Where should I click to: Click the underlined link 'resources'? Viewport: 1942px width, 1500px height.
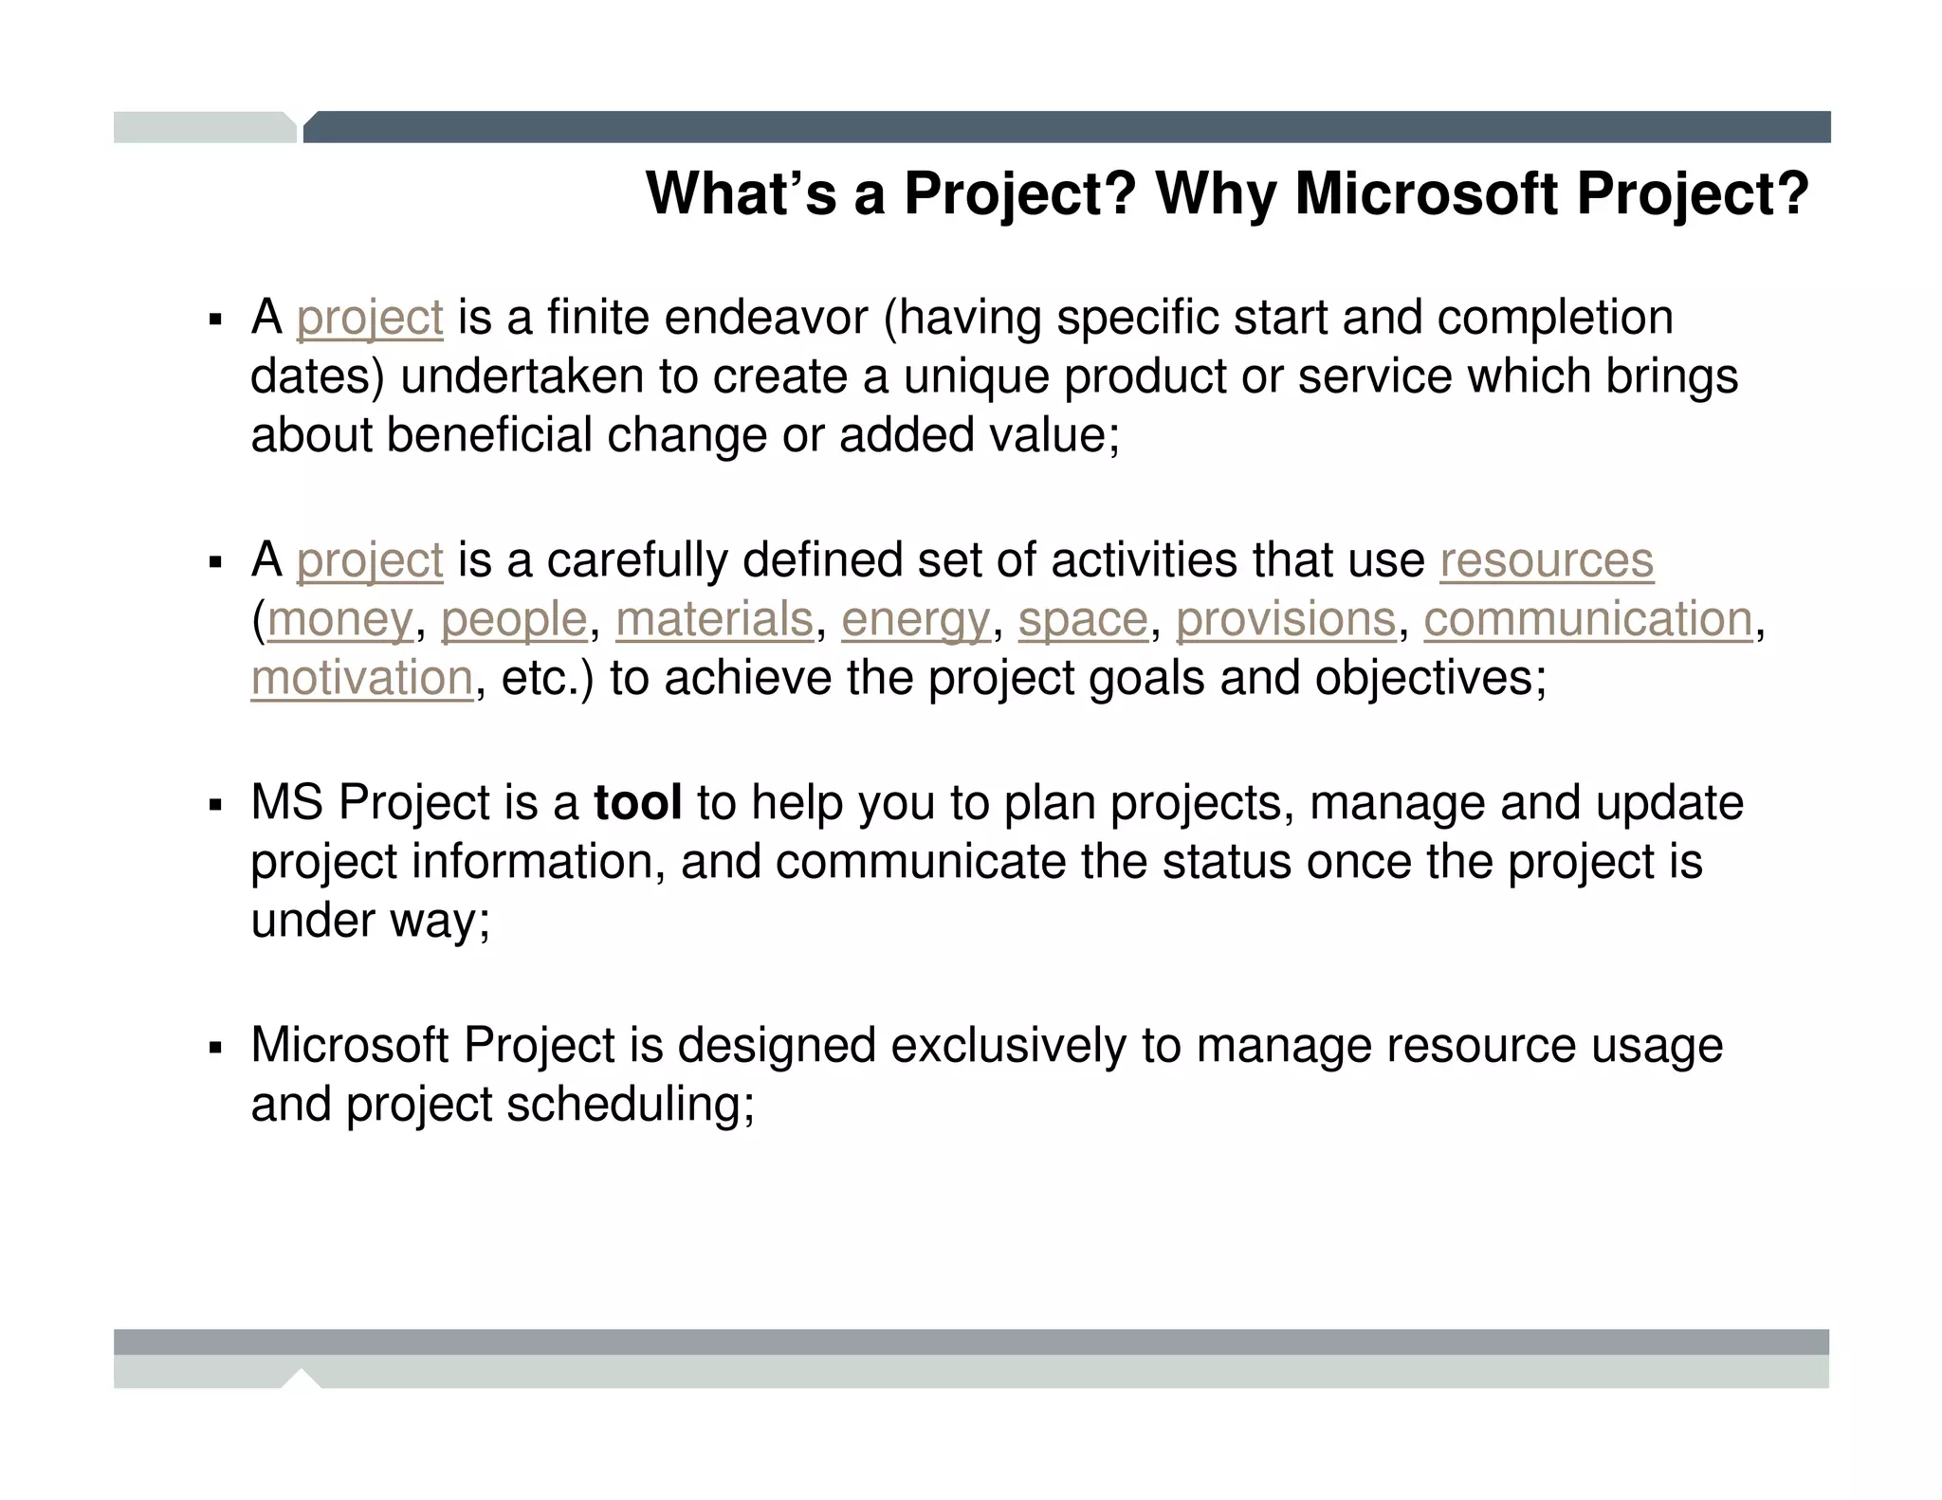(1547, 559)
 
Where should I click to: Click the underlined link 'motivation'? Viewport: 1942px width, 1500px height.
(362, 678)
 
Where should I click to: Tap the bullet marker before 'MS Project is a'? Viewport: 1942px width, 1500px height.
(215, 806)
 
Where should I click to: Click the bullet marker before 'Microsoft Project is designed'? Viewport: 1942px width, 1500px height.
(215, 1049)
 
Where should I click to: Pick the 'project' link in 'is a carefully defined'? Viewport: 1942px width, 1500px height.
(370, 559)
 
